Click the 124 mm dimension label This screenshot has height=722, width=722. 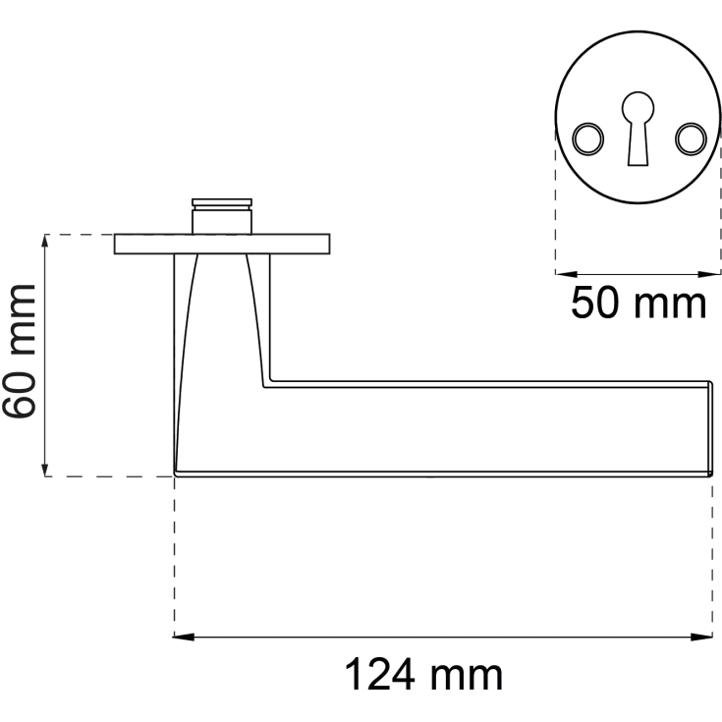tap(423, 675)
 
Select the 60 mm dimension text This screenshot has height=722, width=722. tap(20, 352)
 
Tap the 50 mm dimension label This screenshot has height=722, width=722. tap(639, 303)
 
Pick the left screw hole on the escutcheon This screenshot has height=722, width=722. tap(588, 139)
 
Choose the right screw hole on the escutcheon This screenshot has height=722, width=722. tap(691, 139)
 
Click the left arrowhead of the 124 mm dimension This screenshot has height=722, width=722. tap(184, 638)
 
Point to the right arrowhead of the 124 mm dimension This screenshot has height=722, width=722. tap(702, 638)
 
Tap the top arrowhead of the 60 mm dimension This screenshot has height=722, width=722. tap(44, 245)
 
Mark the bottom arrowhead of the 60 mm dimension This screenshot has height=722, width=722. tap(44, 466)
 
